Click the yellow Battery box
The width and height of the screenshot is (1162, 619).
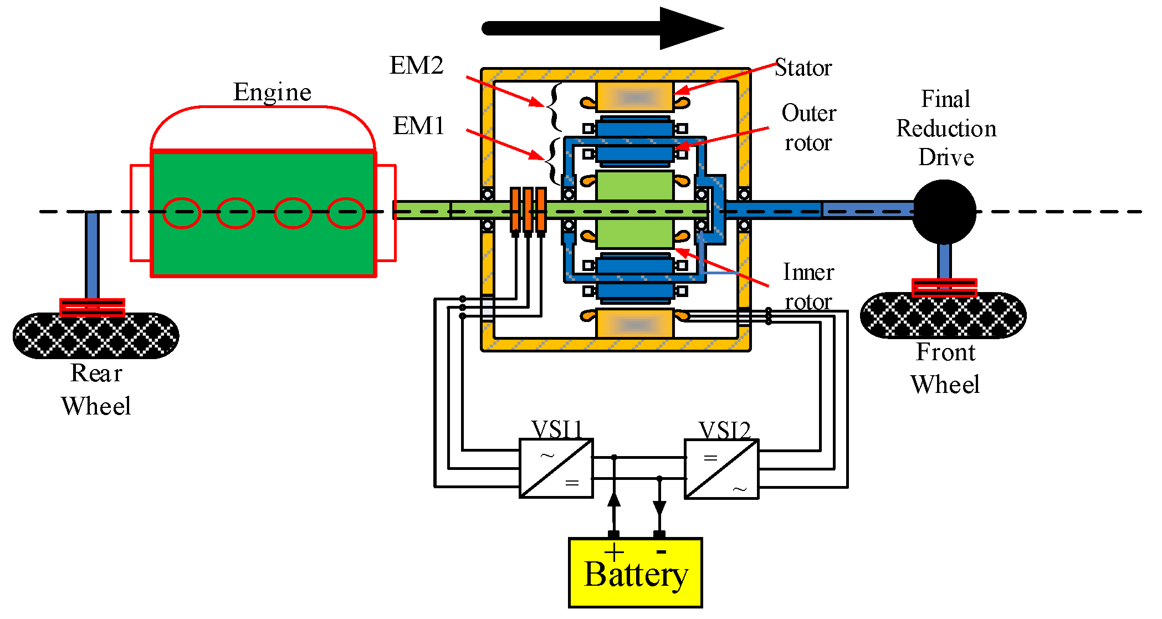tap(635, 573)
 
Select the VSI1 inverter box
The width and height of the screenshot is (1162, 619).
tap(556, 469)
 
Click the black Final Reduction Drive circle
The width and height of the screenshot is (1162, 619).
tap(944, 212)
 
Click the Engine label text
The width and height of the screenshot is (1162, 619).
tap(272, 92)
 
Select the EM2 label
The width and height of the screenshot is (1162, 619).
tap(416, 65)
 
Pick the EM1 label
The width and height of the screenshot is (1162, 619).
tap(418, 126)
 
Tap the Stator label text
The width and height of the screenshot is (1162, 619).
tap(803, 68)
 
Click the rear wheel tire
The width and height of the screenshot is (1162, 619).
tap(96, 336)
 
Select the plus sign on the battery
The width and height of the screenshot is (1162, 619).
tap(614, 552)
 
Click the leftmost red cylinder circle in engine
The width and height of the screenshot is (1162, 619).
tap(182, 213)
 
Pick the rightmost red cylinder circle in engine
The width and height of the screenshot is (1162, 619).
tap(345, 213)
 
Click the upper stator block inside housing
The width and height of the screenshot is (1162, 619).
tap(635, 97)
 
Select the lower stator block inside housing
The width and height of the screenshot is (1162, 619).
tap(635, 324)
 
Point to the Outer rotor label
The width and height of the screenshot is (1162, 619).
tap(808, 128)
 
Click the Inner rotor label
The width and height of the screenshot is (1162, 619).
tap(808, 287)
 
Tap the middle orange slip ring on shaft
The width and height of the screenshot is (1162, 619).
tap(528, 209)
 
